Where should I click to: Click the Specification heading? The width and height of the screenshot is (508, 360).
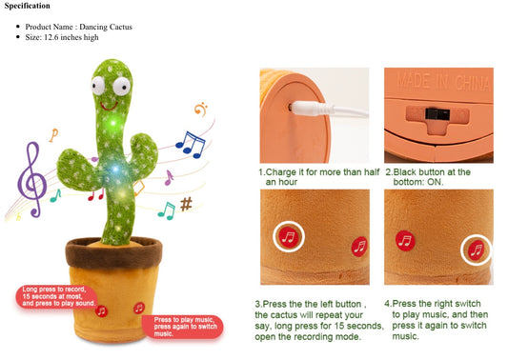coord(28,6)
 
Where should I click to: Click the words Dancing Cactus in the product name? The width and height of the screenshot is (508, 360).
coord(106,27)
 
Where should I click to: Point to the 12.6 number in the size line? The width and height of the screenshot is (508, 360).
coord(51,37)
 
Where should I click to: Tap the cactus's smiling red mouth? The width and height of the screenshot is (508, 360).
coord(109,106)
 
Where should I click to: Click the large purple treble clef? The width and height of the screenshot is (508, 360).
coord(31,180)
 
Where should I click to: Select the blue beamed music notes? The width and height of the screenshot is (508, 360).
coord(191,145)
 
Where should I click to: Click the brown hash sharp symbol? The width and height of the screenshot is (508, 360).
coord(186,204)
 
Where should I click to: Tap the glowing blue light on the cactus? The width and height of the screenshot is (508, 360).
coord(115,169)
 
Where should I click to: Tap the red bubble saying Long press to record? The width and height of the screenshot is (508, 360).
coord(56,296)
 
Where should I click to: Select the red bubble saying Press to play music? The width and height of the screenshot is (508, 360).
coord(183,327)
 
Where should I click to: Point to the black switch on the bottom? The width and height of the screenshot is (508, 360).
coord(437,114)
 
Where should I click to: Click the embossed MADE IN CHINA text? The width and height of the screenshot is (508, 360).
coord(443,81)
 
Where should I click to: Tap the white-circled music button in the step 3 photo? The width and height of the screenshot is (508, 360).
coord(289,236)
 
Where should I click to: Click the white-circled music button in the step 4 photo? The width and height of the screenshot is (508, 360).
coord(477,250)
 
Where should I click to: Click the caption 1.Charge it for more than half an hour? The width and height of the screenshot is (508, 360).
coord(319,177)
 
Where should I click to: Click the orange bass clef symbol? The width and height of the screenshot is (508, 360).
coord(201,110)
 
